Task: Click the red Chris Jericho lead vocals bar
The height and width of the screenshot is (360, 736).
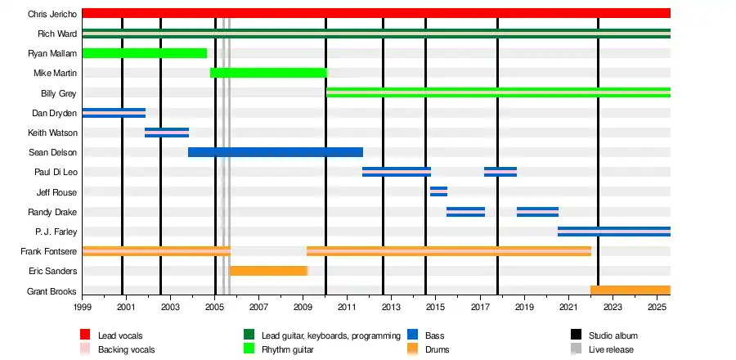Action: (x=376, y=13)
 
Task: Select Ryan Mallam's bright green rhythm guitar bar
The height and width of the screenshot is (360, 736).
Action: (x=144, y=53)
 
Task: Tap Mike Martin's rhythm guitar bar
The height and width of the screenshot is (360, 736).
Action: (x=268, y=73)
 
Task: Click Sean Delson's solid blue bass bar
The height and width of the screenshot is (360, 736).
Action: (x=275, y=152)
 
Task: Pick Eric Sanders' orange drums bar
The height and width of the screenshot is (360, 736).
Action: (x=268, y=271)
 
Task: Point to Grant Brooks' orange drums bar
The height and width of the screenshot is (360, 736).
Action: (x=630, y=290)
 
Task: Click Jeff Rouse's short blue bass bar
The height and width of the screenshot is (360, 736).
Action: (x=438, y=191)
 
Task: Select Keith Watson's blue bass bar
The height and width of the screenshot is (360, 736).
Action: (x=167, y=133)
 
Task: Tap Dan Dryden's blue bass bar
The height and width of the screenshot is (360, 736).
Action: (x=114, y=113)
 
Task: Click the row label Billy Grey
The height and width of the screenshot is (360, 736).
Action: (x=58, y=93)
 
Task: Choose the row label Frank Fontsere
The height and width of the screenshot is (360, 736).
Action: (x=49, y=251)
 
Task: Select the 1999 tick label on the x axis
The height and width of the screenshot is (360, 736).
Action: (x=83, y=307)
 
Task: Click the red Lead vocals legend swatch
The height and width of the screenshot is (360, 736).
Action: (x=84, y=335)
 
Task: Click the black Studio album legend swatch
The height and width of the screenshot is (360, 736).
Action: (x=576, y=335)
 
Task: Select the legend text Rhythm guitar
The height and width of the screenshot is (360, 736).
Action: (x=287, y=349)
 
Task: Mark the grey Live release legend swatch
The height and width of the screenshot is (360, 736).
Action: (x=576, y=349)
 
